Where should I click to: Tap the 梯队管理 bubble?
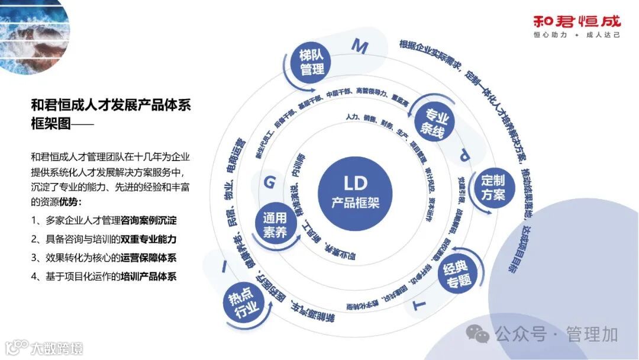click(x=312, y=63)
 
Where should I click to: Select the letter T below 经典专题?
click(x=419, y=305)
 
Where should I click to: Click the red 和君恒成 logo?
click(x=577, y=22)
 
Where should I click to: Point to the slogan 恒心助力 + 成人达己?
click(x=577, y=36)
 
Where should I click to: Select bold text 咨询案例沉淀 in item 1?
click(x=149, y=220)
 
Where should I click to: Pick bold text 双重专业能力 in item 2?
click(x=149, y=239)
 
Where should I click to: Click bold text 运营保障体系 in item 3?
click(x=149, y=258)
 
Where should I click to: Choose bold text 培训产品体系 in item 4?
click(x=149, y=276)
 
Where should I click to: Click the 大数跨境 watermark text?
click(x=57, y=348)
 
